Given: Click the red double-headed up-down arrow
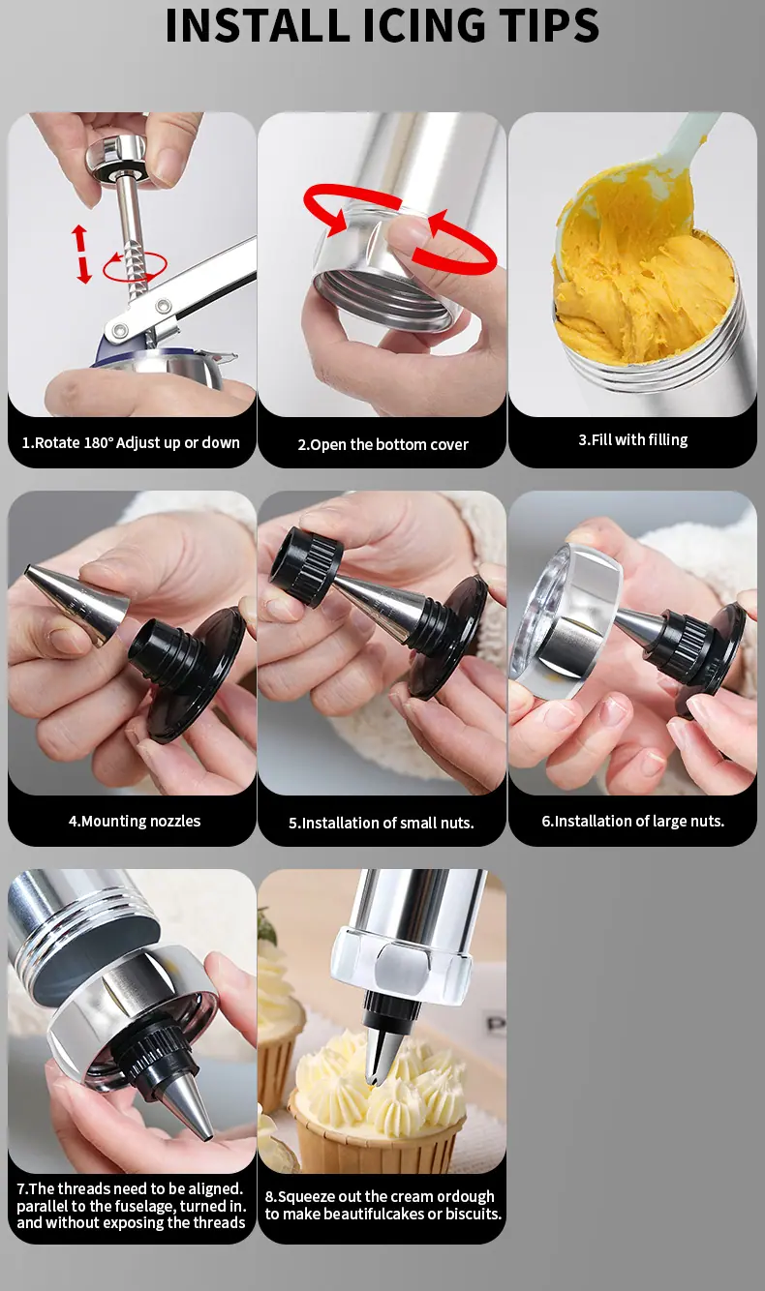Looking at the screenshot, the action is tap(81, 255).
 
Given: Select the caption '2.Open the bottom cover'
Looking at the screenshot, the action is tap(382, 445).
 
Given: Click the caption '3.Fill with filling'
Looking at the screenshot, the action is tap(633, 440).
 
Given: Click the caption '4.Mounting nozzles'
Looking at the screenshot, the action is tap(135, 822).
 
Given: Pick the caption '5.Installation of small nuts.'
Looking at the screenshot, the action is tap(382, 823).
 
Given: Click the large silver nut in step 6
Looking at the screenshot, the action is tap(567, 616).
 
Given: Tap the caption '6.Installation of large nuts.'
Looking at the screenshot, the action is tap(632, 822).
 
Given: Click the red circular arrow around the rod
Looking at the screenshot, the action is tap(135, 266).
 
